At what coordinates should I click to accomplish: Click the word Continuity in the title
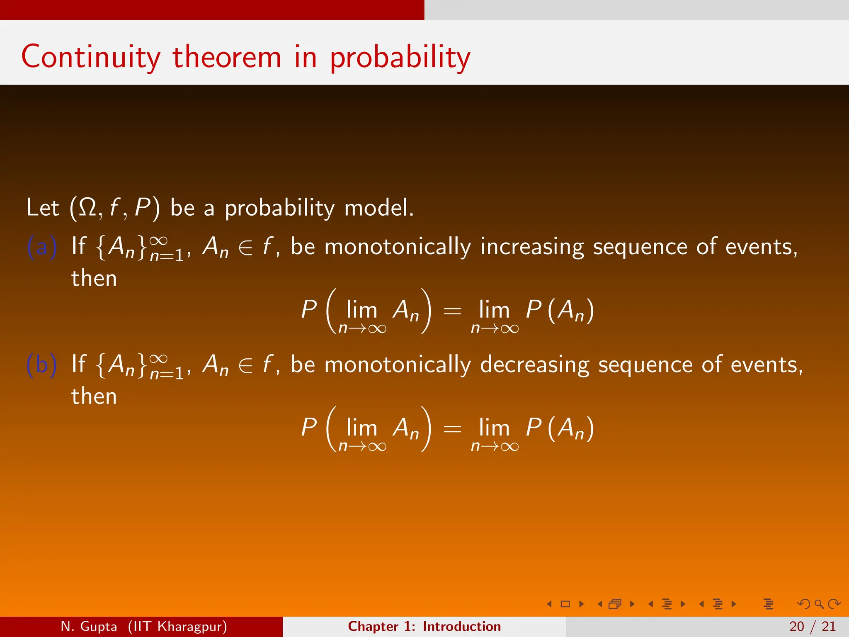tap(90, 57)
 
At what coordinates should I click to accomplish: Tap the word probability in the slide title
tap(400, 58)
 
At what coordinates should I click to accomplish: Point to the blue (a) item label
tap(41, 247)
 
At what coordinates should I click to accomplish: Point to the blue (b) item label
tap(41, 365)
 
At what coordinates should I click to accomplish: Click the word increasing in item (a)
tap(532, 247)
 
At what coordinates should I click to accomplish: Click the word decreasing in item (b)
tap(535, 365)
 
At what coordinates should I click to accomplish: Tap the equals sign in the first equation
tap(452, 311)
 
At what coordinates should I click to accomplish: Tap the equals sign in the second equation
tap(452, 428)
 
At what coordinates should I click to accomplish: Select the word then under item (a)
tap(94, 278)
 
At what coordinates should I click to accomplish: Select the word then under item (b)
tap(94, 396)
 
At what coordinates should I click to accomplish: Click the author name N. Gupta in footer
tap(89, 626)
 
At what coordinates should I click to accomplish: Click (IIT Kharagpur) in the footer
tap(177, 626)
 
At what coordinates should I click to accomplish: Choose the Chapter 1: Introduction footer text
tap(424, 626)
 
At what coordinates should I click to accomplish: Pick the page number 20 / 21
tap(813, 626)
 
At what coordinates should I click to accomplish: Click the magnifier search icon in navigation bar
tap(819, 604)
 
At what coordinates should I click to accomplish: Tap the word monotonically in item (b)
tap(397, 365)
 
